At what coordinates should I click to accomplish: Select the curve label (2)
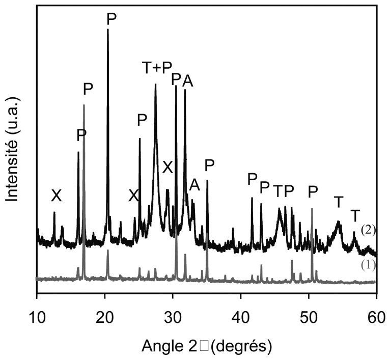coord(368,230)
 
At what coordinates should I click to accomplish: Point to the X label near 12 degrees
coord(56,195)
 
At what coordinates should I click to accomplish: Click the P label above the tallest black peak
coord(112,18)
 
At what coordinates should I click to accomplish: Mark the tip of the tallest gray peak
coord(83,105)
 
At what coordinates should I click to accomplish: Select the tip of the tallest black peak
coord(107,30)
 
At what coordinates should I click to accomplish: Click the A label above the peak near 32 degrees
coord(187,80)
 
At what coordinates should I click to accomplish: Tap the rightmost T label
coord(355,216)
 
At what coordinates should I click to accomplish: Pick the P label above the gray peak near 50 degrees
coord(313,191)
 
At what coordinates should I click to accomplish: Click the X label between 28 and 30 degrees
coord(168,167)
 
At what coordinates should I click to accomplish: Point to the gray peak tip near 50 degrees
coord(312,208)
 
